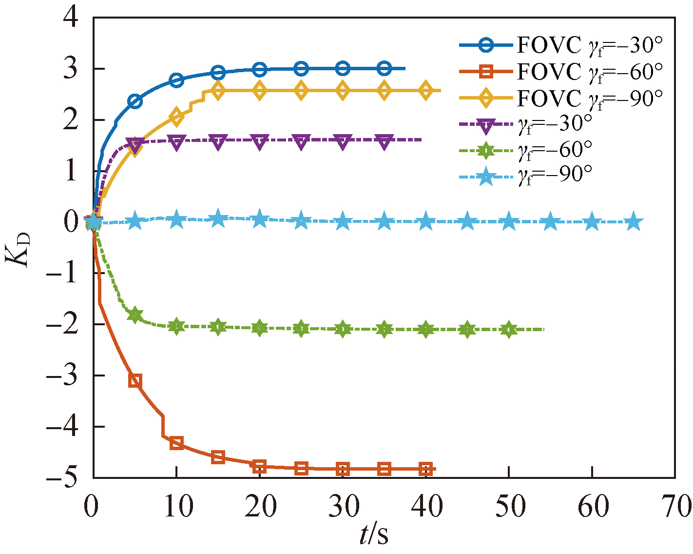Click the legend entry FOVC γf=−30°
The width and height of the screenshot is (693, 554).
[560, 45]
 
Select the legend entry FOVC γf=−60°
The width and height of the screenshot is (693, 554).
[560, 72]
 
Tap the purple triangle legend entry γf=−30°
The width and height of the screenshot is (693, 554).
[526, 124]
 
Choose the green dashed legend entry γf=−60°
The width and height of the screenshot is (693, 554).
[526, 150]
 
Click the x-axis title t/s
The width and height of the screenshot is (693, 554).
[374, 535]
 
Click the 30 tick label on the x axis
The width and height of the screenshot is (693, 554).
[343, 506]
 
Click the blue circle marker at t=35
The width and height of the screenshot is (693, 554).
[385, 69]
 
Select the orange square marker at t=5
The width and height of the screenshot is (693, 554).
[135, 381]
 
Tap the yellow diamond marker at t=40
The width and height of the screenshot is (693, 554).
[426, 91]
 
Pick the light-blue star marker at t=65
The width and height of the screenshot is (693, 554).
[634, 222]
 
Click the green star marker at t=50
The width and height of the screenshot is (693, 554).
[509, 330]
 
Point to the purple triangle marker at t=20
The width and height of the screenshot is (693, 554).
[260, 141]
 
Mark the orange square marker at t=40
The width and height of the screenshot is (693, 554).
[426, 470]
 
